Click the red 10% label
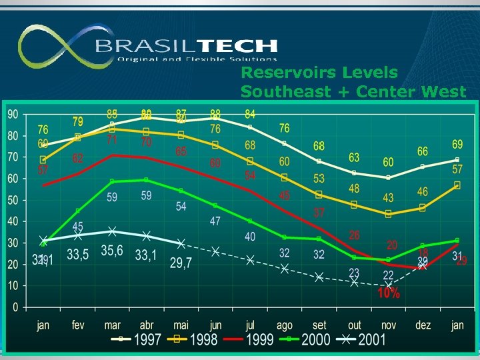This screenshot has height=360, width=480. click(x=389, y=293)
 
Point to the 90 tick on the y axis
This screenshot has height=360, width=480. click(x=13, y=115)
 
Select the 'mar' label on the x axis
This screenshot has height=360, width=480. click(x=112, y=325)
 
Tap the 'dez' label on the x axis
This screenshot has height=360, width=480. click(x=423, y=325)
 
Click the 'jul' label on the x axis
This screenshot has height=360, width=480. click(x=250, y=325)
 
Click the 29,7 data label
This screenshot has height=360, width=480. click(x=180, y=263)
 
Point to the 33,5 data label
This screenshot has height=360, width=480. click(x=77, y=254)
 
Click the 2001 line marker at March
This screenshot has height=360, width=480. click(x=112, y=231)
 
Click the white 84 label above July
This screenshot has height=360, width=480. click(x=250, y=113)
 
